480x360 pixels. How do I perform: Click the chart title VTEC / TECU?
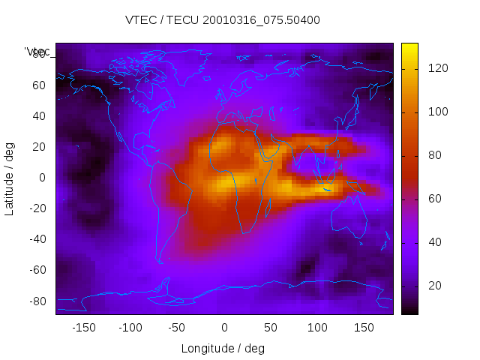[223, 20]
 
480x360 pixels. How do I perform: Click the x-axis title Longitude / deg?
[223, 349]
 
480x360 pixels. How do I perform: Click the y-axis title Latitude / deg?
[10, 177]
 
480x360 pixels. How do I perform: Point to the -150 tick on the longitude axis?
[83, 328]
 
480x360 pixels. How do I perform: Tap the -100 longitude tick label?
[130, 328]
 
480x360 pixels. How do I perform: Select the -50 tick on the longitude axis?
[177, 328]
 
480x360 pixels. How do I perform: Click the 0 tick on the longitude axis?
[223, 328]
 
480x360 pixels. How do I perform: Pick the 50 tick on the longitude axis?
[271, 328]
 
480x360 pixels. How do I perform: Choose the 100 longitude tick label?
[317, 328]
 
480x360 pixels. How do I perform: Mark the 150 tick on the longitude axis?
[364, 328]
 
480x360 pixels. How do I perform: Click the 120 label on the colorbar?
[437, 68]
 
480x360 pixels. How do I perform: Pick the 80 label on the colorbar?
[435, 155]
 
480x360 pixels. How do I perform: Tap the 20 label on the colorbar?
[435, 286]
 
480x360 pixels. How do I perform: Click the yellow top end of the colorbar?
[409, 46]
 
